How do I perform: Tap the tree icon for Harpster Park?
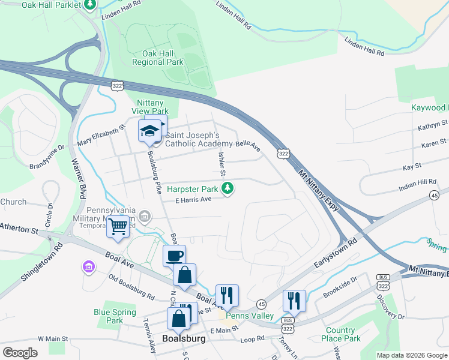228,189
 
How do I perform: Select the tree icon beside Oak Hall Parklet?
90,5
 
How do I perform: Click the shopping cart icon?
118,227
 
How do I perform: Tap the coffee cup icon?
174,256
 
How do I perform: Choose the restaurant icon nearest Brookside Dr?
294,299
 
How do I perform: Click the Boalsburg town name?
184,338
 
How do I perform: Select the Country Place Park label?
340,334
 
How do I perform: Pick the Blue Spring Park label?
108,316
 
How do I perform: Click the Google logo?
20,353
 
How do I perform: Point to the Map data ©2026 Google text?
411,355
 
